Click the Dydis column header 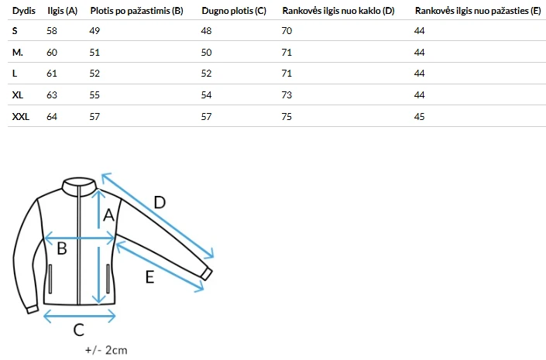pyautogui.click(x=24, y=11)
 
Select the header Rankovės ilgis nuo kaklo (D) pyautogui.click(x=338, y=11)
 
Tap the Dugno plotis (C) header pyautogui.click(x=234, y=11)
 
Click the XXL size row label pyautogui.click(x=21, y=117)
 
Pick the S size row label pyautogui.click(x=15, y=31)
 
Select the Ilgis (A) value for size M pyautogui.click(x=52, y=52)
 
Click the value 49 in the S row pyautogui.click(x=94, y=31)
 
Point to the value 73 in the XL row pyautogui.click(x=287, y=95)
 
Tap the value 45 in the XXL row pyautogui.click(x=419, y=117)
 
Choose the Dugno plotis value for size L pyautogui.click(x=206, y=74)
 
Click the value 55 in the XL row pyautogui.click(x=94, y=95)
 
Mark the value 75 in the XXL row pyautogui.click(x=287, y=117)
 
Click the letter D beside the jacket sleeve pyautogui.click(x=160, y=202)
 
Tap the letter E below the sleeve pyautogui.click(x=149, y=277)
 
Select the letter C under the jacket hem pyautogui.click(x=79, y=330)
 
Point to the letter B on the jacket pyautogui.click(x=62, y=249)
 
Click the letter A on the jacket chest pyautogui.click(x=108, y=215)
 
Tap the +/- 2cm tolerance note pyautogui.click(x=106, y=350)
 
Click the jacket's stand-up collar pyautogui.click(x=80, y=183)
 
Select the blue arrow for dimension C pyautogui.click(x=80, y=316)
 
